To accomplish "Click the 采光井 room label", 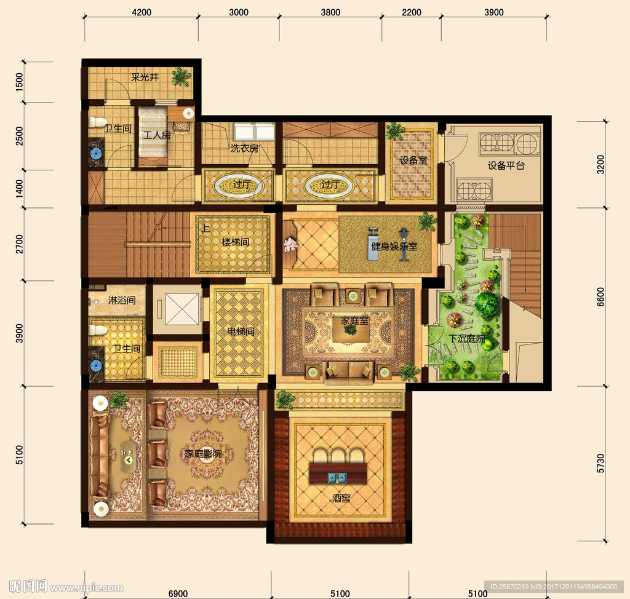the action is (x=145, y=77).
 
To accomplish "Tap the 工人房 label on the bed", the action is (x=157, y=135).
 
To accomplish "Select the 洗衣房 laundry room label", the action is (x=244, y=148).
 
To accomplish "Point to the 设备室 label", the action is (x=413, y=161).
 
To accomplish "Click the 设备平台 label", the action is (x=506, y=165).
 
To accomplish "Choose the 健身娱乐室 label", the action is (x=394, y=246).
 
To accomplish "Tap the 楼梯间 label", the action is (x=236, y=242).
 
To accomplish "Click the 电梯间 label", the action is (x=241, y=331).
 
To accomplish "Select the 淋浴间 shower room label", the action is (x=122, y=300).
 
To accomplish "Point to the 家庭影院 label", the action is (x=203, y=454).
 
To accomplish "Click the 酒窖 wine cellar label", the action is (x=341, y=498).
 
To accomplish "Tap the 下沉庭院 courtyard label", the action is (x=466, y=339).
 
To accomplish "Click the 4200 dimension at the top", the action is (x=142, y=12).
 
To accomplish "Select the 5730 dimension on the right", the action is (x=600, y=463).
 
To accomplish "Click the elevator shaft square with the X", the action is (x=182, y=309).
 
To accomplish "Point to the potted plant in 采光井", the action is (x=181, y=76).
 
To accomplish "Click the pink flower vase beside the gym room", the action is (x=290, y=244).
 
